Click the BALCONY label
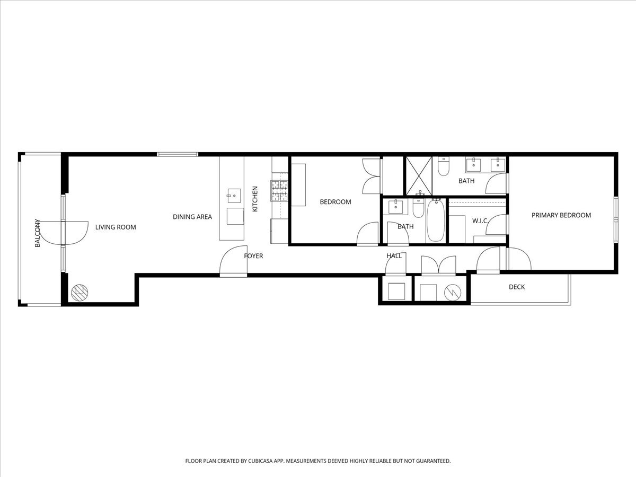[37, 233]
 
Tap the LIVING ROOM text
[116, 227]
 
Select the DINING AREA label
[192, 217]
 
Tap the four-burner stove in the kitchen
[279, 191]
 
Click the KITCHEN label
[255, 199]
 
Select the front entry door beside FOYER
[233, 262]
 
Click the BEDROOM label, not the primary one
[335, 202]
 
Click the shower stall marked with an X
[419, 175]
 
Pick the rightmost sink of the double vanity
[497, 165]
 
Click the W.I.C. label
[480, 220]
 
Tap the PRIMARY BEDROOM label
[561, 215]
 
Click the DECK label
[517, 287]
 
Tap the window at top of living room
[178, 154]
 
